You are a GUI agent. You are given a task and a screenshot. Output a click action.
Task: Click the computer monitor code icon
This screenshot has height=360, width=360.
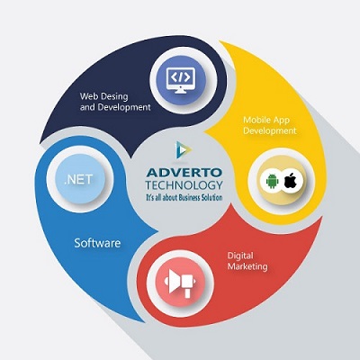[181, 80]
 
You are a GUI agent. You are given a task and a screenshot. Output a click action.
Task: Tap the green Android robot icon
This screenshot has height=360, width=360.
[272, 181]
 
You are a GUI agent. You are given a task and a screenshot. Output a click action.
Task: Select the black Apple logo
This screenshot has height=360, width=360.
[290, 181]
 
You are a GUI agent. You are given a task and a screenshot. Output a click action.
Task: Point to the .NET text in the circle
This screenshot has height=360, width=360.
[78, 179]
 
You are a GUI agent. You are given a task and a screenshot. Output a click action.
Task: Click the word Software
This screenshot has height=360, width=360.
[97, 243]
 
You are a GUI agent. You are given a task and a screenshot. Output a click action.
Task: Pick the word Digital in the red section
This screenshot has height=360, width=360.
[240, 256]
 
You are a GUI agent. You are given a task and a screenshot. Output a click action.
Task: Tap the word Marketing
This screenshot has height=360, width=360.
[247, 266]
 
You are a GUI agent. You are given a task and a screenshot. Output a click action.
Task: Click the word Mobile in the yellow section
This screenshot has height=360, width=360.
[256, 120]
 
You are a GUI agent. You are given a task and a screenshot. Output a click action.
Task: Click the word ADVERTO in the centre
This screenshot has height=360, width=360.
[184, 173]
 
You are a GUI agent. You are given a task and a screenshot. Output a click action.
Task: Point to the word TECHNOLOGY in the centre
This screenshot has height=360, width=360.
[184, 185]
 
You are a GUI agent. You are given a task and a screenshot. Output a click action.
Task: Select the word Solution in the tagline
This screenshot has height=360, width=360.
[212, 197]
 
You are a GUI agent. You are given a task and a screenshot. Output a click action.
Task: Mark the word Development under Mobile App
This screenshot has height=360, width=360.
[270, 130]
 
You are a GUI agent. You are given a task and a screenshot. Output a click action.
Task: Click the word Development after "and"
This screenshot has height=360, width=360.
[124, 107]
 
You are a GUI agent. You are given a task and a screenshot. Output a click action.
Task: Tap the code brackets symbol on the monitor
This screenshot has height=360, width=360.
[181, 77]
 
